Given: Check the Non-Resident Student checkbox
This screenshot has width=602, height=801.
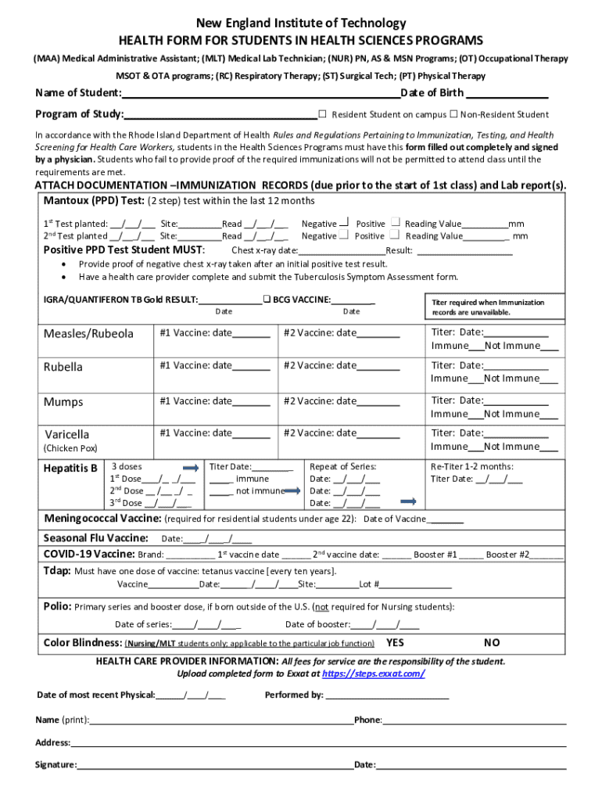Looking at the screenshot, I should [453, 114].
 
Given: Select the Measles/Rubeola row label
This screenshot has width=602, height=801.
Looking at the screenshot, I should [88, 334].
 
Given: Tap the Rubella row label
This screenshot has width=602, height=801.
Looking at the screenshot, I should [63, 367].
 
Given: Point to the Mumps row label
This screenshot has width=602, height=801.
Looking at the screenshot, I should [63, 402].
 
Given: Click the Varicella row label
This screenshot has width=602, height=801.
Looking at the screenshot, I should [67, 434].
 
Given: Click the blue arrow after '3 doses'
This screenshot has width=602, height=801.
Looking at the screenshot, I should [189, 467].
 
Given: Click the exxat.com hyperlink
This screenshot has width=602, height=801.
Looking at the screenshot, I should [374, 673].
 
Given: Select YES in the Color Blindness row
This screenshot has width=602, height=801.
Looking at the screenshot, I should [396, 643].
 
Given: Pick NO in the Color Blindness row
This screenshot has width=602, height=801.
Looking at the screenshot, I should [492, 643].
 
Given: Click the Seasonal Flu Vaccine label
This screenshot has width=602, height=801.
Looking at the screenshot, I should [95, 538].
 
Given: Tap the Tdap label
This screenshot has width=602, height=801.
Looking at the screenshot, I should [56, 570].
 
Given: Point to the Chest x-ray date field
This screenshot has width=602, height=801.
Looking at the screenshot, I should [342, 251].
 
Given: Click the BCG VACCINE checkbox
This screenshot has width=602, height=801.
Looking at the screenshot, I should [267, 299].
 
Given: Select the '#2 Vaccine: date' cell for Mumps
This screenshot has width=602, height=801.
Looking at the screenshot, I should [342, 401].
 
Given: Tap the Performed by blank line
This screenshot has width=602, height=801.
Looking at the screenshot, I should [387, 695].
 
